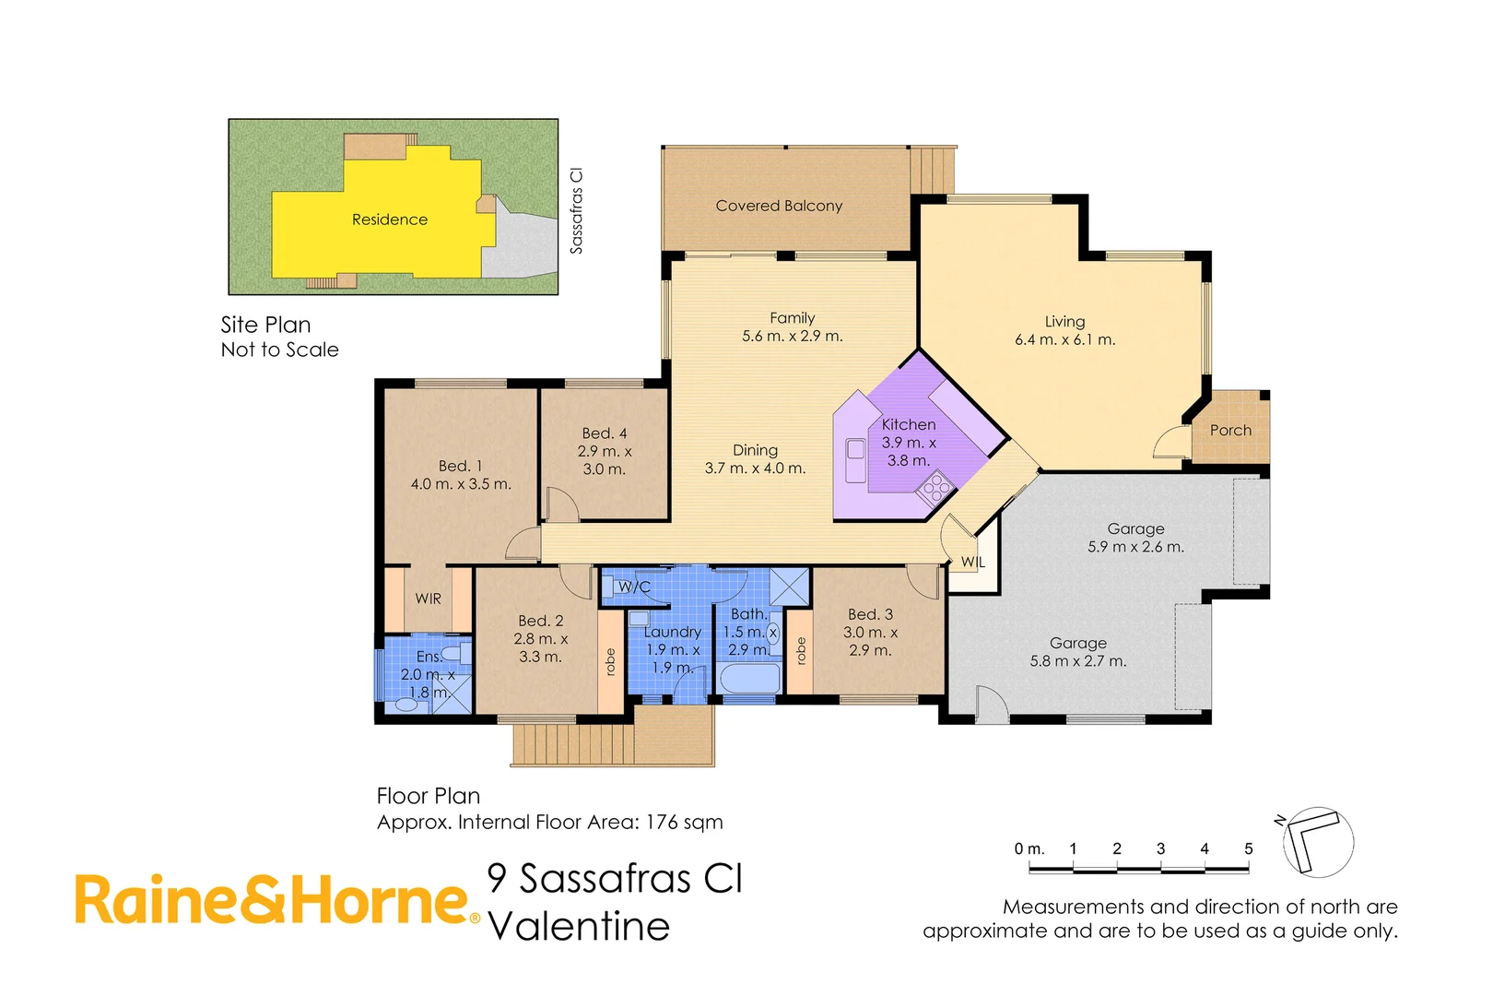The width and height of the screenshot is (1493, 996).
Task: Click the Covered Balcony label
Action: [779, 206]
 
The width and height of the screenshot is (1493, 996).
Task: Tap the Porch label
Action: [1230, 430]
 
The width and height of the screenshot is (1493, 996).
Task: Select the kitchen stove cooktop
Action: [936, 485]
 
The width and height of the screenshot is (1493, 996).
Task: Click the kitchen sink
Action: [855, 450]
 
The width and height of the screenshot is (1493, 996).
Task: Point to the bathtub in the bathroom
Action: [749, 681]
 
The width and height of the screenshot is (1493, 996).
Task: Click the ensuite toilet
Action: [405, 705]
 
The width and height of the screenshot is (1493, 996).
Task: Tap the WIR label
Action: [428, 599]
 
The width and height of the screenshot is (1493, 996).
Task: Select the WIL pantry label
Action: [973, 562]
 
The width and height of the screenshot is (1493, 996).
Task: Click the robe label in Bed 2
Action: [610, 661]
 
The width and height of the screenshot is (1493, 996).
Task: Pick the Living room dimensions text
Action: [1064, 339]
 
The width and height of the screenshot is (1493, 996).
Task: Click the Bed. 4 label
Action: [604, 433]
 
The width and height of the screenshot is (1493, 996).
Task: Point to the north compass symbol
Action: [1317, 841]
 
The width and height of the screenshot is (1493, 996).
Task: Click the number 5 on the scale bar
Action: [1248, 848]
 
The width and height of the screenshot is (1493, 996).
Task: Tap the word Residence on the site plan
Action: [389, 219]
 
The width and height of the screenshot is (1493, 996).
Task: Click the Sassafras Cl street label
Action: [577, 210]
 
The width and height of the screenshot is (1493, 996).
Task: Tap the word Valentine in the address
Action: [579, 927]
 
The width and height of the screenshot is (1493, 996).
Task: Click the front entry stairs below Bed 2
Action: [572, 744]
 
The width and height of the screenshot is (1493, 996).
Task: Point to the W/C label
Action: [634, 587]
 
